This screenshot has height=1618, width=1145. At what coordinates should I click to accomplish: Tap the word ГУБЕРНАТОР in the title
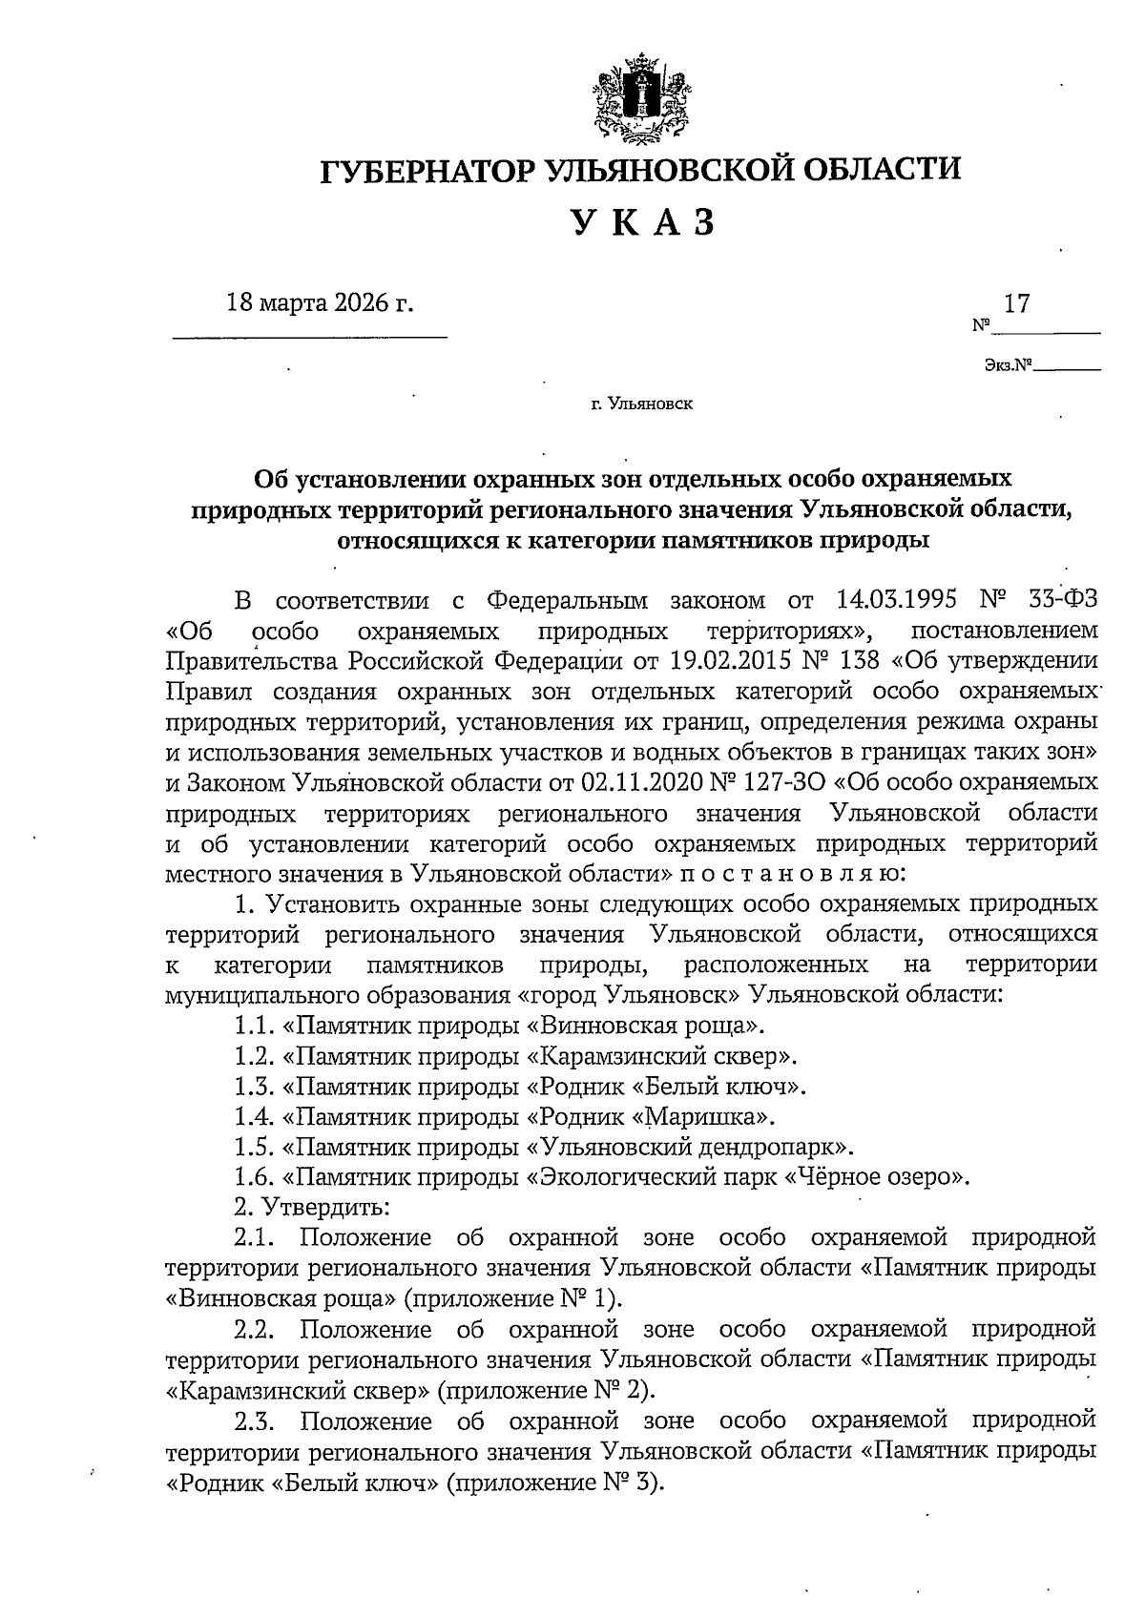click(x=427, y=171)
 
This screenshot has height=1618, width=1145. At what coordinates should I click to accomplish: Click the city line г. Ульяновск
click(x=641, y=404)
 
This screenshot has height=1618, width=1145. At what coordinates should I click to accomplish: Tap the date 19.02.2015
click(x=742, y=660)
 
